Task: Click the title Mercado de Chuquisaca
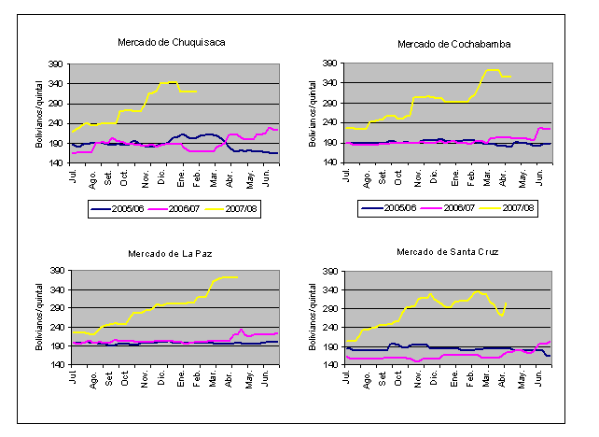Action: coord(172,42)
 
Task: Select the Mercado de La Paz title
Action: coord(172,253)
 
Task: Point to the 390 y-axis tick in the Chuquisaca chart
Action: coord(57,63)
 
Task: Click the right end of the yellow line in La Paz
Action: coord(238,277)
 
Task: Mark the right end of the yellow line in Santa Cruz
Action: coord(506,303)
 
